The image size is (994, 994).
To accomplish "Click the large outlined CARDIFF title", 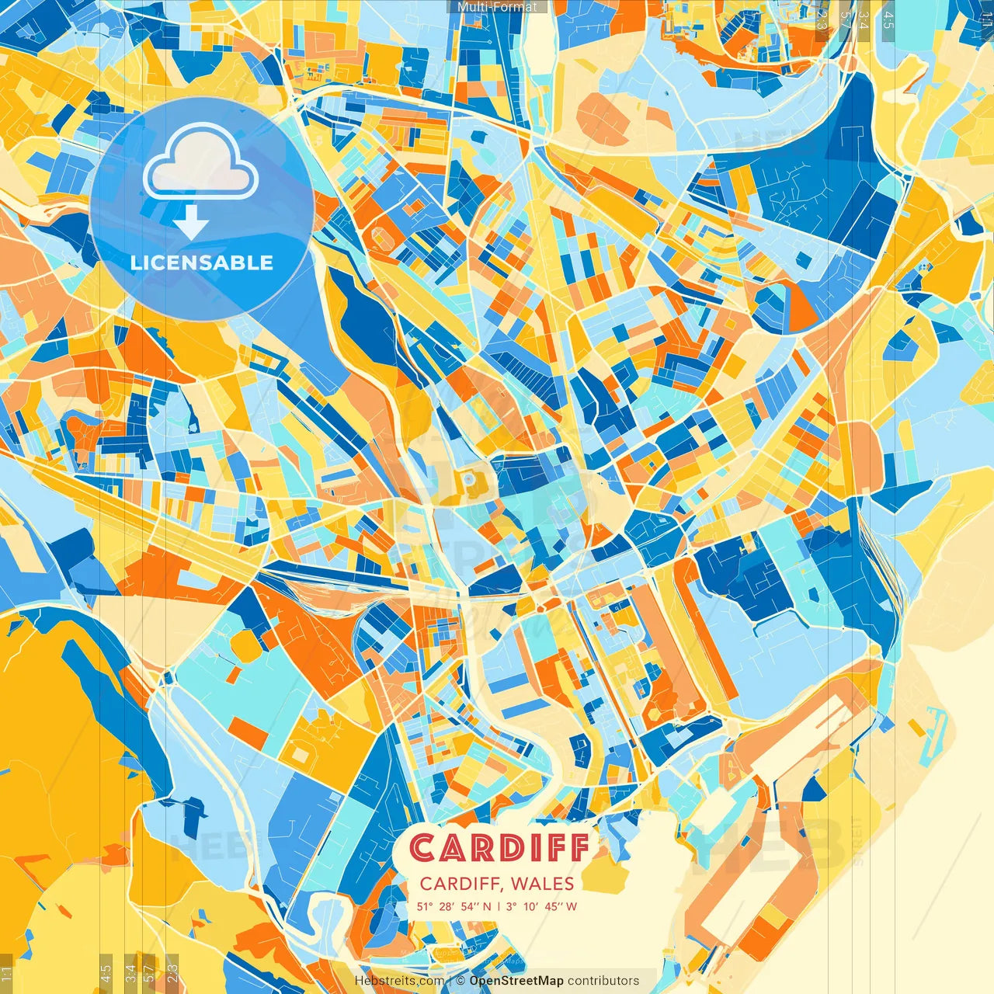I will (499, 848).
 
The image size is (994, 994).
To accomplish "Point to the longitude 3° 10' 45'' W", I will (541, 906).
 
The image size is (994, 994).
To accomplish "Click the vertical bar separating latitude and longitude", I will (498, 906).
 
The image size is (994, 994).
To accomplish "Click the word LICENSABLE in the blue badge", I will (202, 262).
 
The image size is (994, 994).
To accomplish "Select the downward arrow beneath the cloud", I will (191, 224).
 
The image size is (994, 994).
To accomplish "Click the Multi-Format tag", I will (497, 7).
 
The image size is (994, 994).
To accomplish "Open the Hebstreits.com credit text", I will (400, 981).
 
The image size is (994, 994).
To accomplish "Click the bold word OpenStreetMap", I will (516, 981).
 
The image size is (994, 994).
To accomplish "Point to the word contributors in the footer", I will (603, 981).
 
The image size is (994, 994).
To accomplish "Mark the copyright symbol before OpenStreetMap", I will (461, 981).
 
